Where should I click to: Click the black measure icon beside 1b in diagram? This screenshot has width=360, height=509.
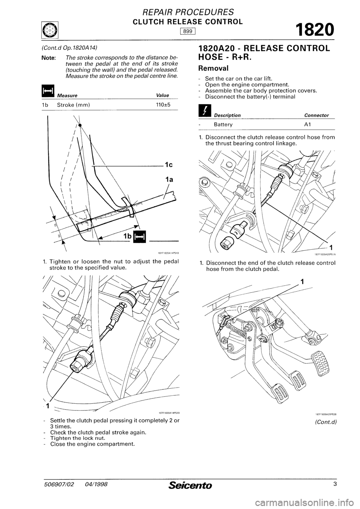[139, 236]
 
